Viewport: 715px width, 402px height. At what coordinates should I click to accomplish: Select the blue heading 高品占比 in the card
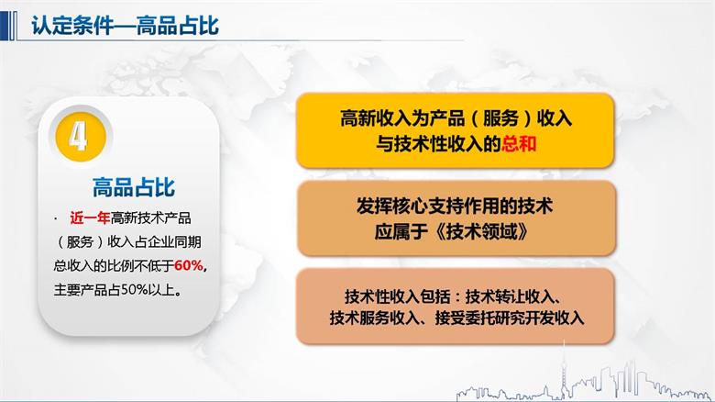coord(134,188)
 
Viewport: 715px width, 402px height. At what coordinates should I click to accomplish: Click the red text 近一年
coord(89,218)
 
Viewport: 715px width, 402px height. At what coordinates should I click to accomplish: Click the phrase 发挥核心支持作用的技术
coord(455,206)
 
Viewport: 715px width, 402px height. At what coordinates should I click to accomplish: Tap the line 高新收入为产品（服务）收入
coord(455,118)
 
